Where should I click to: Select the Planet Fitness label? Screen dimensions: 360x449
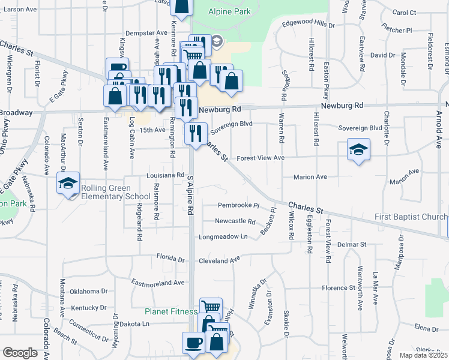pyautogui.click(x=171, y=311)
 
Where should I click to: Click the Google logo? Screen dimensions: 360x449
pyautogui.click(x=20, y=352)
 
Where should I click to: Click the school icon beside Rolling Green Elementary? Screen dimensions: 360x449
pyautogui.click(x=68, y=183)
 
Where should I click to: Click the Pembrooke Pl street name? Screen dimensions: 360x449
pyautogui.click(x=238, y=205)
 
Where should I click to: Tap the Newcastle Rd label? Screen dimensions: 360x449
pyautogui.click(x=235, y=221)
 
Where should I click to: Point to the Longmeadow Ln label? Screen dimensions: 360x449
pyautogui.click(x=227, y=236)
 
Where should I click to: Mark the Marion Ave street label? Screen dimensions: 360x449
pyautogui.click(x=310, y=177)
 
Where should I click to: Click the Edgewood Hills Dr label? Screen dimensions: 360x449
pyautogui.click(x=308, y=24)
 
